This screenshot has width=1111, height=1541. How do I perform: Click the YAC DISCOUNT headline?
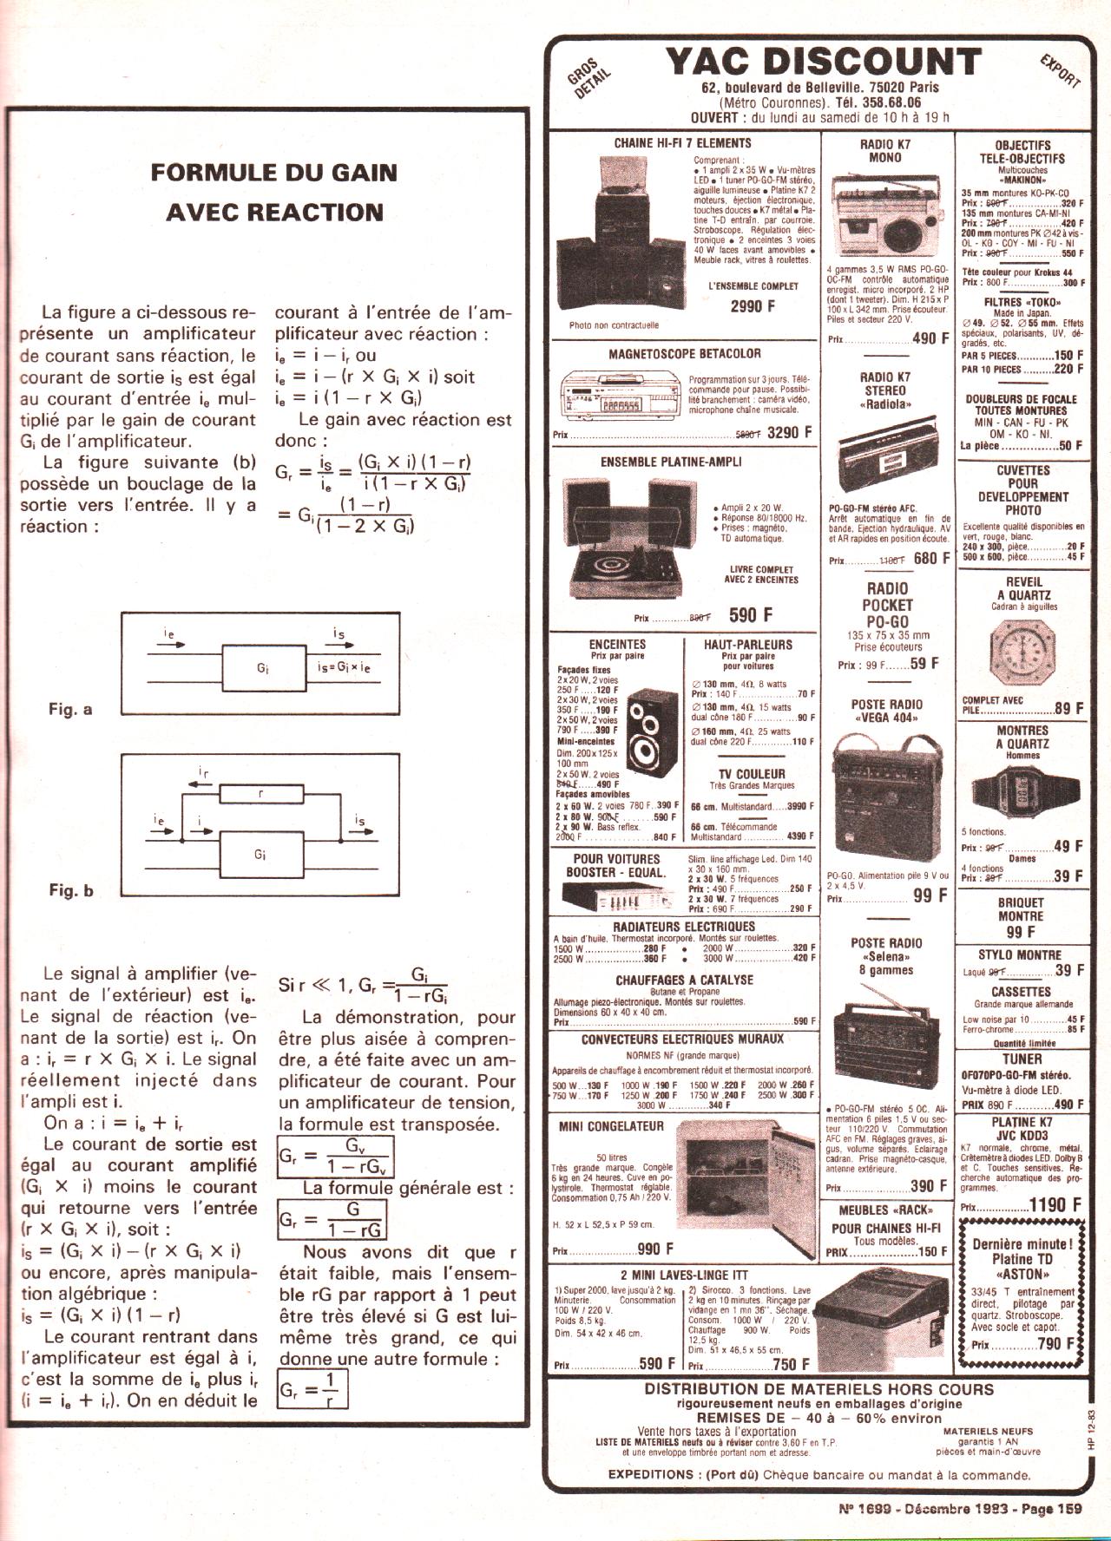823,63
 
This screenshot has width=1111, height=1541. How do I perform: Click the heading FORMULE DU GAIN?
273,172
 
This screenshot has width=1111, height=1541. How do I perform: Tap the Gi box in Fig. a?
263,668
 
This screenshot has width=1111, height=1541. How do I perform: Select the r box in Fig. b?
260,793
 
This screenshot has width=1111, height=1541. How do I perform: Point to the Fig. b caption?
71,890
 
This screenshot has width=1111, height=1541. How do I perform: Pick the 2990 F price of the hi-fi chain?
753,306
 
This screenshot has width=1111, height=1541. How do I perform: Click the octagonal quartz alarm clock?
1022,652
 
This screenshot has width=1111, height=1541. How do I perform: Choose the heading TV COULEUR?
751,774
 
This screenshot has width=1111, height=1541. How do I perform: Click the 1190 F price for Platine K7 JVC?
1055,1204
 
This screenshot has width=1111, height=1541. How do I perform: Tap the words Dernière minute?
1022,1243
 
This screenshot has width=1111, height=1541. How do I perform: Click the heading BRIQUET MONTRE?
1021,909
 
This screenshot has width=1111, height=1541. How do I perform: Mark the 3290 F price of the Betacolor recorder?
789,432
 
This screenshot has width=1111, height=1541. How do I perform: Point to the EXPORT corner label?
1060,70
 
